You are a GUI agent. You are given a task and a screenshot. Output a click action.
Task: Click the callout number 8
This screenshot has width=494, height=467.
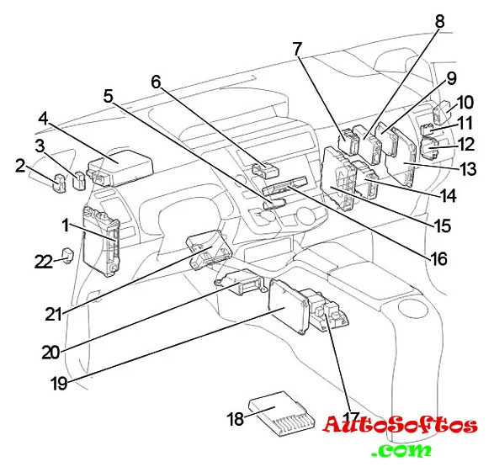[439, 21]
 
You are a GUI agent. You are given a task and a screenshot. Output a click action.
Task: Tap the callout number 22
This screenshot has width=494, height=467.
[44, 262]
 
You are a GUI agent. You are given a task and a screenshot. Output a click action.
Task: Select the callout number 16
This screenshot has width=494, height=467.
[438, 258]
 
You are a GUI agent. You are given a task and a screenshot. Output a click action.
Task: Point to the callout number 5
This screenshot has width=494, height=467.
[109, 96]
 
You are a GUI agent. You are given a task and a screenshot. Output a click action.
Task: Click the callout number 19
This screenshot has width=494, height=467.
[59, 383]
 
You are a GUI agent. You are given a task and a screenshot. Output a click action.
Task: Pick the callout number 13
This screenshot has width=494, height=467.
[468, 169]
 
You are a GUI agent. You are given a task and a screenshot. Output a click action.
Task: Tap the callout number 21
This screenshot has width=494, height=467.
[53, 314]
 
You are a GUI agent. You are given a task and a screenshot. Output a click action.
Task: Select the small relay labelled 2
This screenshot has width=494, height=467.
[59, 183]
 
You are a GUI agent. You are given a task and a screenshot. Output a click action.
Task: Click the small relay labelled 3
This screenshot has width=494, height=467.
[79, 181]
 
